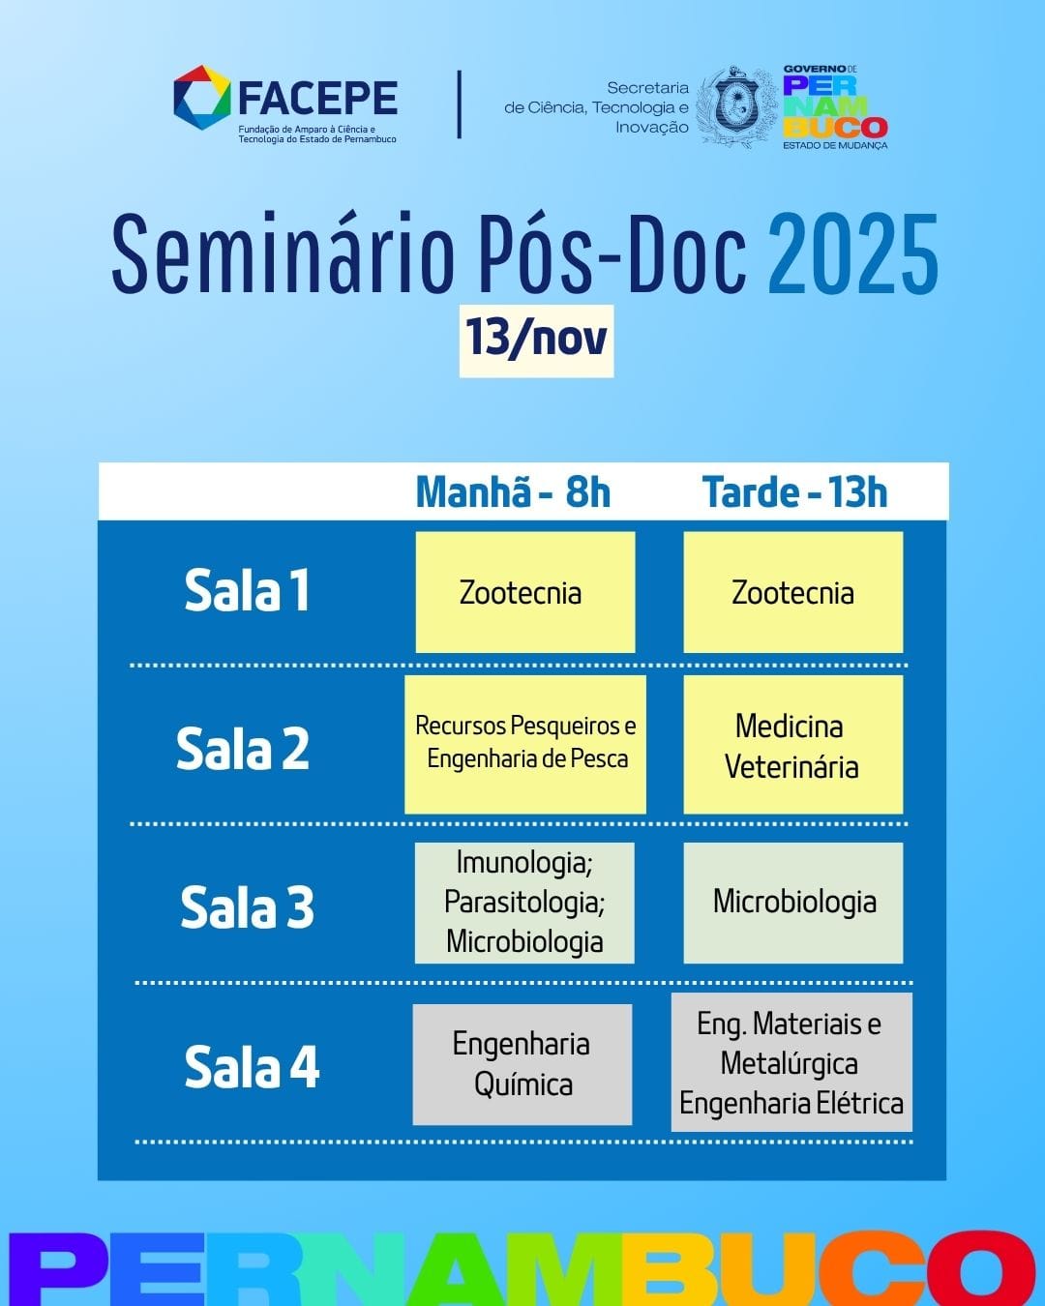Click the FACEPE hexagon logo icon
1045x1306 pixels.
202,98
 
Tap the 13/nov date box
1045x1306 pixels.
536,341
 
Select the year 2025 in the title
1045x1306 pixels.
853,253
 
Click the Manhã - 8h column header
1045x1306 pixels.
513,491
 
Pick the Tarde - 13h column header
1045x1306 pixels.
794,491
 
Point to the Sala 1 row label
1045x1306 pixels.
247,590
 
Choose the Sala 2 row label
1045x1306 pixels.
243,749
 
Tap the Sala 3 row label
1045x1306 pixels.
247,906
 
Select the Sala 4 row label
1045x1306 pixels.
252,1066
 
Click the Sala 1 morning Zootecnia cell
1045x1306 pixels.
525,592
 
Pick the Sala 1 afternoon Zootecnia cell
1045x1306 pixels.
793,592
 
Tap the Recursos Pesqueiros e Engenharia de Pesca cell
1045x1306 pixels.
525,745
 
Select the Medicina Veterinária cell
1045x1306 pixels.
793,745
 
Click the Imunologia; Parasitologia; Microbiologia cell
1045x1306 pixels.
524,903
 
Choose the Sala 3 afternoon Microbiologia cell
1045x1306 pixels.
793,903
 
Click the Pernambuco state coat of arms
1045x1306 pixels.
737,106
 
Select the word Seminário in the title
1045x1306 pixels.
283,253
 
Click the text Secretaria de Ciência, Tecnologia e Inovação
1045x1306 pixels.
596,107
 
